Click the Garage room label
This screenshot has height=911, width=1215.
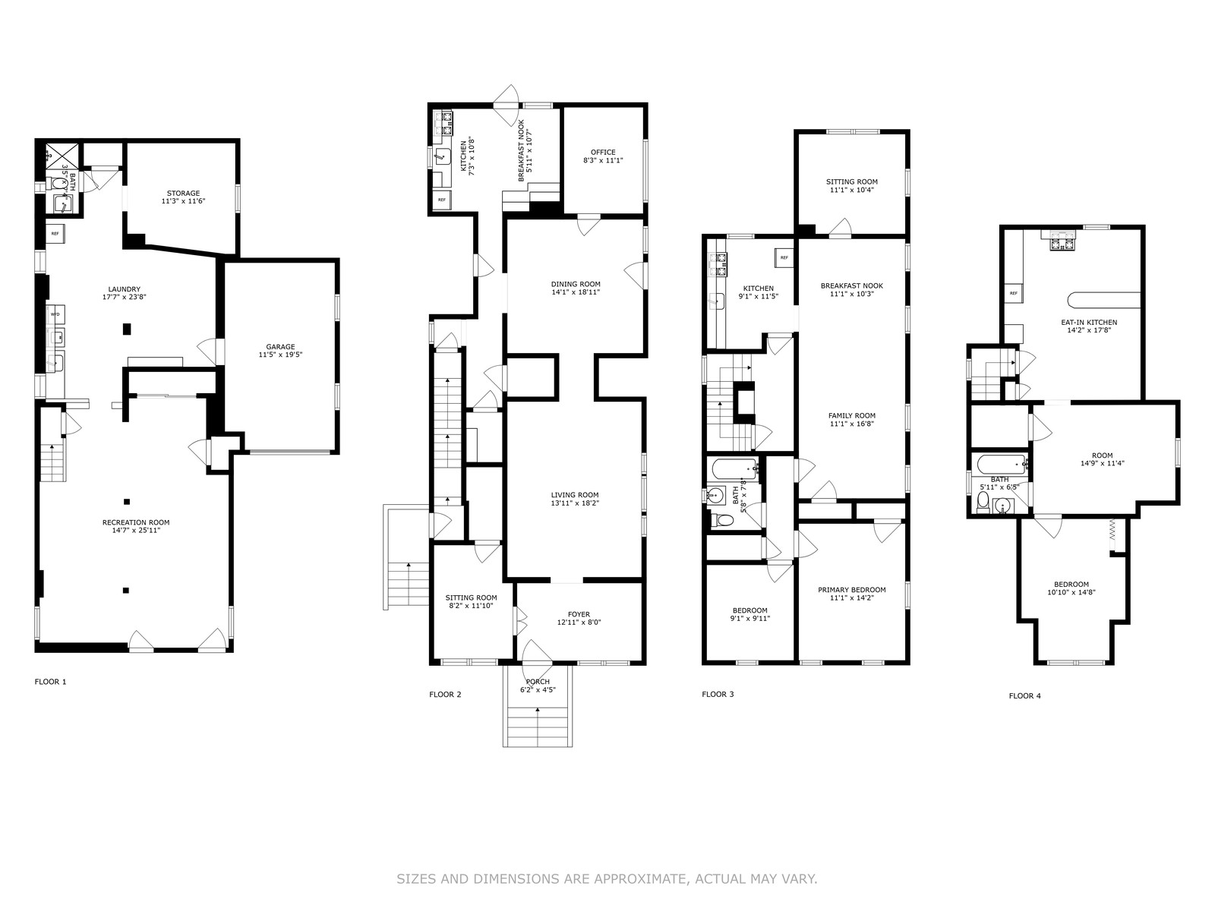pyautogui.click(x=280, y=347)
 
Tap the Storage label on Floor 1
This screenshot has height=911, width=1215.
pyautogui.click(x=183, y=193)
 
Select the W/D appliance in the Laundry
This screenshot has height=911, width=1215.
pyautogui.click(x=55, y=314)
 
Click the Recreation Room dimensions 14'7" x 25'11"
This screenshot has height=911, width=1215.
pyautogui.click(x=136, y=531)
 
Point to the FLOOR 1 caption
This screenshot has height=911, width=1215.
pyautogui.click(x=50, y=682)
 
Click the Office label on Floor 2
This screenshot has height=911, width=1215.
pyautogui.click(x=603, y=152)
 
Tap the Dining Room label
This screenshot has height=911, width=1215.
pyautogui.click(x=576, y=284)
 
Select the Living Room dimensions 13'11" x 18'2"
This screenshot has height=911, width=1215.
pyautogui.click(x=575, y=503)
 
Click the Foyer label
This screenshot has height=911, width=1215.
pyautogui.click(x=579, y=614)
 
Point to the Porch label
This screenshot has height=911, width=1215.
pyautogui.click(x=538, y=682)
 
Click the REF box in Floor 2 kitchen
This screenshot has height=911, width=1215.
pyautogui.click(x=442, y=200)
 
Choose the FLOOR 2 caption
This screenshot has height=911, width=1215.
pyautogui.click(x=445, y=694)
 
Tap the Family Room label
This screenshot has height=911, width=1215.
pyautogui.click(x=852, y=415)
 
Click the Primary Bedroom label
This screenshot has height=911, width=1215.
pyautogui.click(x=852, y=590)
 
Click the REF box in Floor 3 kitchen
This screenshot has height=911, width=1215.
pyautogui.click(x=784, y=257)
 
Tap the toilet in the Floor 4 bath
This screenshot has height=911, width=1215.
pyautogui.click(x=983, y=502)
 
